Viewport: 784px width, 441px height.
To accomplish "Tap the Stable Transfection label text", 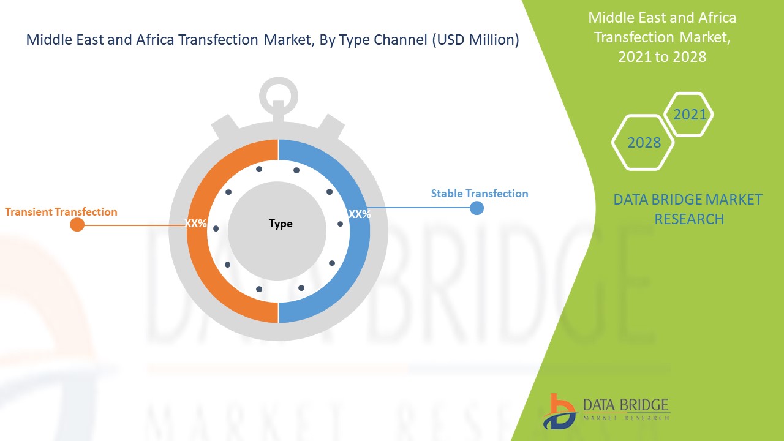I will pos(479,194).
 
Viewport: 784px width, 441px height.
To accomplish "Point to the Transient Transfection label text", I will pos(61,212).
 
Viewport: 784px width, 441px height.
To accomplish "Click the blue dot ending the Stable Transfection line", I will pos(477,208).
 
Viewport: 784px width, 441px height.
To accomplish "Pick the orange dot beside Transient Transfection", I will pos(77,224).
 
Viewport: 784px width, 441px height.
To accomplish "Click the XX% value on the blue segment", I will pos(359,214).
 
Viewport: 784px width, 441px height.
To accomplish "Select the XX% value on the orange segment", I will pos(196,224).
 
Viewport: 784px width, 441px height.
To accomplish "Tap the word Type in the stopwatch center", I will pos(281,224).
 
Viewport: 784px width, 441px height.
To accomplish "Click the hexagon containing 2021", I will pos(689,115).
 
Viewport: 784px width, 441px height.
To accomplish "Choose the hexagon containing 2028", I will pos(643,142).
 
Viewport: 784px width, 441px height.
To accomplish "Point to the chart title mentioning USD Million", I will pos(273,40).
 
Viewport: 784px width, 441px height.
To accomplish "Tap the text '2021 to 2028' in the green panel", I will pos(662,57).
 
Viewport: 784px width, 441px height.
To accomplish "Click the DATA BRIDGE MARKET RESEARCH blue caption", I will pos(688,209).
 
